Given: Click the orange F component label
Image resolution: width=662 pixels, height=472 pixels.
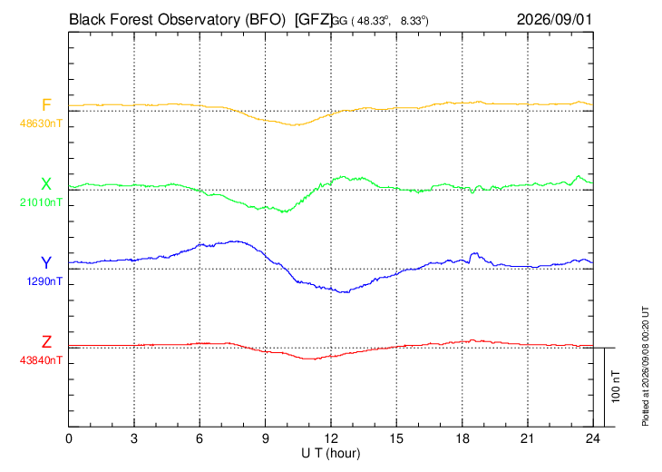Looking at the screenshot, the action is pyautogui.click(x=46, y=104).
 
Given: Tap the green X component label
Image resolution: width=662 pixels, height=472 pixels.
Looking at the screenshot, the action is pyautogui.click(x=46, y=184).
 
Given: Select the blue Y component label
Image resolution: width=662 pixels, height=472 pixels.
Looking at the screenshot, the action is pyautogui.click(x=46, y=263).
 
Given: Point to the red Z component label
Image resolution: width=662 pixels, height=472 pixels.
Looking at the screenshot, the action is pyautogui.click(x=46, y=342).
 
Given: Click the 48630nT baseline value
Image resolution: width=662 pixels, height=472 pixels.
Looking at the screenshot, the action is pyautogui.click(x=41, y=123).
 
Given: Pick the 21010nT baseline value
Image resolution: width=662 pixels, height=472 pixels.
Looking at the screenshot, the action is pyautogui.click(x=41, y=202).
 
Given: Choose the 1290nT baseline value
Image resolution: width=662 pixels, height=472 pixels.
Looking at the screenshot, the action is pyautogui.click(x=44, y=281).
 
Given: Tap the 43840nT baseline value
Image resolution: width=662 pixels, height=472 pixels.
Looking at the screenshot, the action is pyautogui.click(x=41, y=360).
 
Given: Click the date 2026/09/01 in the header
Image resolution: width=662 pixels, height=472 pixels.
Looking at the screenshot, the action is pyautogui.click(x=554, y=19).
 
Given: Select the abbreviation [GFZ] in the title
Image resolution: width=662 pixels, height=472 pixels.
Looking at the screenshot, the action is pyautogui.click(x=314, y=20).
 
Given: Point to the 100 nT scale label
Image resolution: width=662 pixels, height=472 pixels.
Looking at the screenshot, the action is pyautogui.click(x=616, y=387).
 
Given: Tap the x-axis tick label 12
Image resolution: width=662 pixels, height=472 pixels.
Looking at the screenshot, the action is pyautogui.click(x=331, y=438).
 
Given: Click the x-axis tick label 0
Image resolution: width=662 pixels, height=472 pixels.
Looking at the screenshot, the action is pyautogui.click(x=69, y=438).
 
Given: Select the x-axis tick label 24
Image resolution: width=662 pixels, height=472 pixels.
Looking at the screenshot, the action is pyautogui.click(x=593, y=438).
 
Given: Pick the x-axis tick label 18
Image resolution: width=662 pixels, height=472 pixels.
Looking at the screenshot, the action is pyautogui.click(x=462, y=438).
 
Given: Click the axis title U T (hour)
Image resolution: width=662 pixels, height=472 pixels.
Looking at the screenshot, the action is pyautogui.click(x=331, y=454).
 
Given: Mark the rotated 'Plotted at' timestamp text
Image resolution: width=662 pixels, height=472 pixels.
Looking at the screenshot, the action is pyautogui.click(x=645, y=366).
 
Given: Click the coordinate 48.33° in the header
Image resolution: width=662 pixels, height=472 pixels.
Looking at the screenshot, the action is pyautogui.click(x=371, y=21).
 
